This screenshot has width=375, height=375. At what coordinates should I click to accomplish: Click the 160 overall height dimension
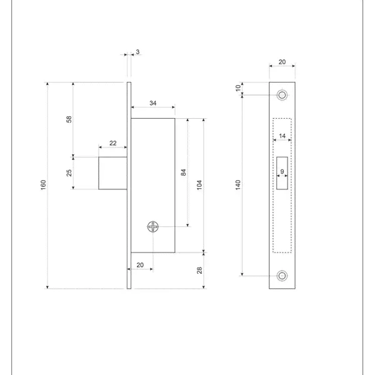point(43,185)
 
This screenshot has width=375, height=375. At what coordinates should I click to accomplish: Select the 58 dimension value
point(69,119)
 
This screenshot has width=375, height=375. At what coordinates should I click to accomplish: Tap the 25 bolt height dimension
point(69,173)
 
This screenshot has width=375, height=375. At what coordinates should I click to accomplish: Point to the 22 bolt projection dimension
point(113,143)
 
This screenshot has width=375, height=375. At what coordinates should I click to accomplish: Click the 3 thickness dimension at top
point(137,52)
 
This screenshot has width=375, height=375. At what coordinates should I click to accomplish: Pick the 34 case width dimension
point(153,103)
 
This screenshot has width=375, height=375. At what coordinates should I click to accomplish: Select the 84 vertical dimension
point(183,172)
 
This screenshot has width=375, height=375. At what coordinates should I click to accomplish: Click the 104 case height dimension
point(199,185)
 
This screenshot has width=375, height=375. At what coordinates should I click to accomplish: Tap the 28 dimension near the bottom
point(199,270)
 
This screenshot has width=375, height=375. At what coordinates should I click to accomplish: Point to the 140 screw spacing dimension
point(237,185)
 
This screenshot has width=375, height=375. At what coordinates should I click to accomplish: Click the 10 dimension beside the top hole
point(237,88)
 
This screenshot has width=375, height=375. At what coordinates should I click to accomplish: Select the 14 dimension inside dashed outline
point(282,136)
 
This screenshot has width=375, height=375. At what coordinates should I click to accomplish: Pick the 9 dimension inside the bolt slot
point(282,171)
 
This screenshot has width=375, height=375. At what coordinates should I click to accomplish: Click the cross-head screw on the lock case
point(153,226)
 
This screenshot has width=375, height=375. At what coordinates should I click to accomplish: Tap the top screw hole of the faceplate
point(282,95)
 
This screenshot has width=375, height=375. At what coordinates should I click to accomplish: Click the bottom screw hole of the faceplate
point(282,276)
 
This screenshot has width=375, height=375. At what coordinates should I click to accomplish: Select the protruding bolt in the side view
point(112,173)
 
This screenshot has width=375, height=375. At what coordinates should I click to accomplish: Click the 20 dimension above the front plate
point(282,62)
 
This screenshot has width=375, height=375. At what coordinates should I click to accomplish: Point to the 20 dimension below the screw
point(140,265)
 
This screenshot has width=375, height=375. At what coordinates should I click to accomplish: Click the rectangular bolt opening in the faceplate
point(282,173)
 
